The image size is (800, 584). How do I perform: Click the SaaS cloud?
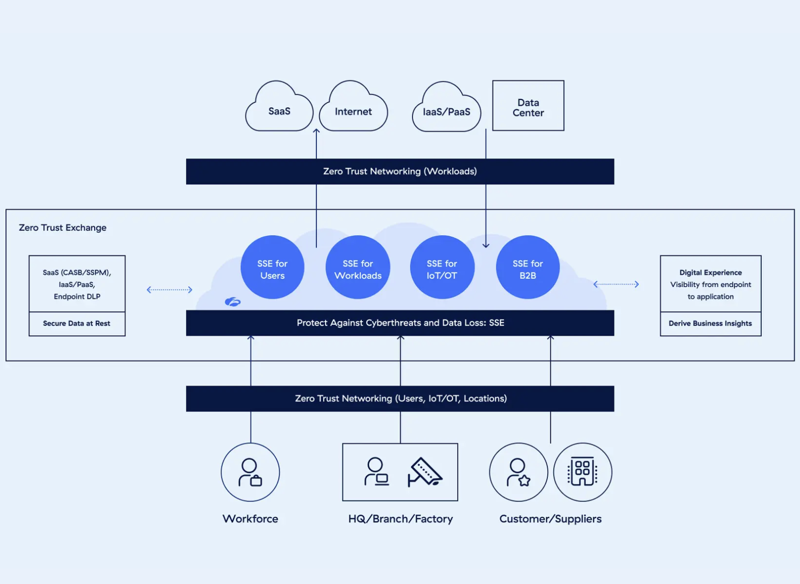point(279,106)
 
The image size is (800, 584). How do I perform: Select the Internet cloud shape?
point(353,106)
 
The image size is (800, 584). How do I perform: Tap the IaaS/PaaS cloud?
point(446,107)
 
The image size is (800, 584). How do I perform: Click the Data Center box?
point(528,105)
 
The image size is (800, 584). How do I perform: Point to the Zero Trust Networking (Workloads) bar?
point(400,171)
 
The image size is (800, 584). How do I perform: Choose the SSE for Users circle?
point(272,267)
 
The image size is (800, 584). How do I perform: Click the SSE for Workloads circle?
point(358,267)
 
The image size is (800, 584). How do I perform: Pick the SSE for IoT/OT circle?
point(442,267)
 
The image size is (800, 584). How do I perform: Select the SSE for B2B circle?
point(528,267)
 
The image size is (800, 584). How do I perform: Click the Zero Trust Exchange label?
point(62,228)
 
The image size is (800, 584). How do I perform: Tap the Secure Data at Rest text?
point(76,323)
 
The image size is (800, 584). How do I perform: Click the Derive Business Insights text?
point(710,323)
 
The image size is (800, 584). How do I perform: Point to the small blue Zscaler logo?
point(232,302)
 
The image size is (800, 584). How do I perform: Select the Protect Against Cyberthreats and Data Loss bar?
point(400,323)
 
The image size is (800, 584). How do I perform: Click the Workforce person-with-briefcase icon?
point(250,472)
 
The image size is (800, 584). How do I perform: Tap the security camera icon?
point(425,472)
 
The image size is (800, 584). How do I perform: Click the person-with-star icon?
point(518,472)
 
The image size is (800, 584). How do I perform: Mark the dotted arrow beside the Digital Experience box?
point(616,285)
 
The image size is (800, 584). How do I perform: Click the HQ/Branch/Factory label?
point(400,519)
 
